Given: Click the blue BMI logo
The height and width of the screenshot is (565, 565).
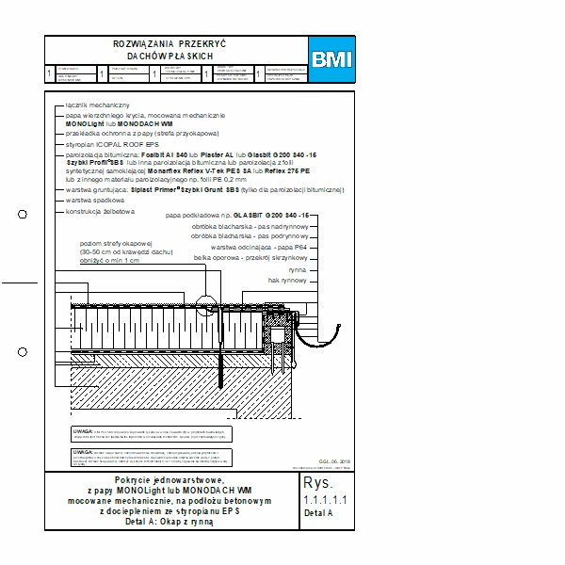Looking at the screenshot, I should tap(331, 59).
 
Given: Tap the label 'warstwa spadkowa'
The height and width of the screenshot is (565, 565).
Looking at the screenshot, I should tap(95, 201).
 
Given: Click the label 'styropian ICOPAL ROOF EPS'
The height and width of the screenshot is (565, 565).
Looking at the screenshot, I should tap(118, 144).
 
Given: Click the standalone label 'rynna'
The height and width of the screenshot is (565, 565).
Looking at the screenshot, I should tap(299, 268).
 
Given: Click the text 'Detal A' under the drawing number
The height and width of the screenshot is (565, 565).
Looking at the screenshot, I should tap(318, 513).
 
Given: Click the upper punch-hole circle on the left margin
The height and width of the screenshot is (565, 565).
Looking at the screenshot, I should tap(23, 214).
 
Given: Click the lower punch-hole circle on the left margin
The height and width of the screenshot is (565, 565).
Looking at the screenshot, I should tap(23, 352).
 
